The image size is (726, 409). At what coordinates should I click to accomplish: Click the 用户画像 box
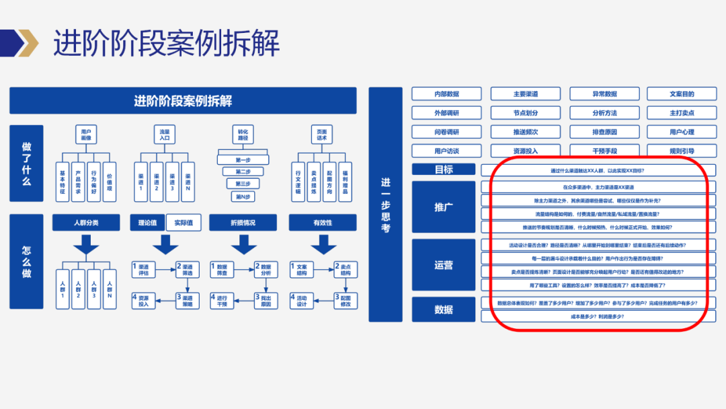coord(85,135)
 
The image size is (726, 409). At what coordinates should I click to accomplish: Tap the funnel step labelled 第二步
coord(243,172)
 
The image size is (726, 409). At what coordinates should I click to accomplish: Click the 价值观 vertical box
coord(110,180)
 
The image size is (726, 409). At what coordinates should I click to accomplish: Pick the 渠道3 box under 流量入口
coord(172,180)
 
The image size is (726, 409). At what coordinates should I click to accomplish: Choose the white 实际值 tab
coord(184,223)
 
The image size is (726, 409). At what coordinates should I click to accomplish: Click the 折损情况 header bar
coord(243,223)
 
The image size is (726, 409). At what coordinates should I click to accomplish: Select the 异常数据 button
coord(604,94)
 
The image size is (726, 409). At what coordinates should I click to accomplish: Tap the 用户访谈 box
coord(446,151)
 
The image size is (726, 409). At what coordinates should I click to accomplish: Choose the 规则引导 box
coord(682,151)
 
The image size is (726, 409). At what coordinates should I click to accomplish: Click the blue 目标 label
coord(444,170)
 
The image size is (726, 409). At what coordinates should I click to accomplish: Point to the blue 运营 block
coord(444,265)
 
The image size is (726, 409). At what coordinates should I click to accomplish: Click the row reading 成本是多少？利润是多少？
coord(598,315)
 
